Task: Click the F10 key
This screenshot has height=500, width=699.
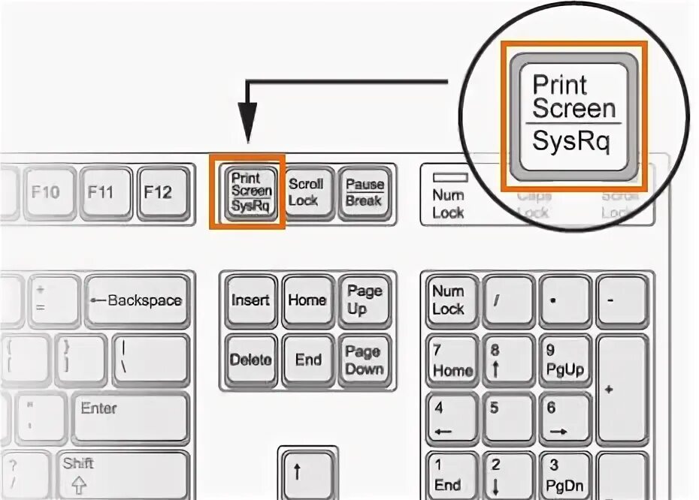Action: [46, 193]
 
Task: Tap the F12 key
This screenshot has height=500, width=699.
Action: [159, 193]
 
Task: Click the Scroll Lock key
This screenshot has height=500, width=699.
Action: [307, 192]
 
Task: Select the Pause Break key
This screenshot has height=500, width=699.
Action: [364, 192]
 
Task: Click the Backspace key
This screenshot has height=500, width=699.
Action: [136, 301]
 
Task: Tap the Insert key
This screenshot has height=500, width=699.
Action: [250, 300]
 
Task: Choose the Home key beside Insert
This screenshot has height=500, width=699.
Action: [307, 300]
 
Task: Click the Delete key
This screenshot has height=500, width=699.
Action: [250, 360]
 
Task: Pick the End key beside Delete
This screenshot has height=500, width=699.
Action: [307, 360]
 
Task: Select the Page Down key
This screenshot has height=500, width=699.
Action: [364, 360]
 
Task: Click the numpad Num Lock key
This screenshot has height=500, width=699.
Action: [449, 300]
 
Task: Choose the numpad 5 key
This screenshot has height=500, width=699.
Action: [507, 417]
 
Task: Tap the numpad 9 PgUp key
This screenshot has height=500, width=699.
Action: [564, 360]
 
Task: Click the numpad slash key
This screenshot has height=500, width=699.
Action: [507, 300]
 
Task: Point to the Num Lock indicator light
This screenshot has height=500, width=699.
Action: [449, 178]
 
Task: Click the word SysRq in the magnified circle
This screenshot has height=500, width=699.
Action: [570, 140]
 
